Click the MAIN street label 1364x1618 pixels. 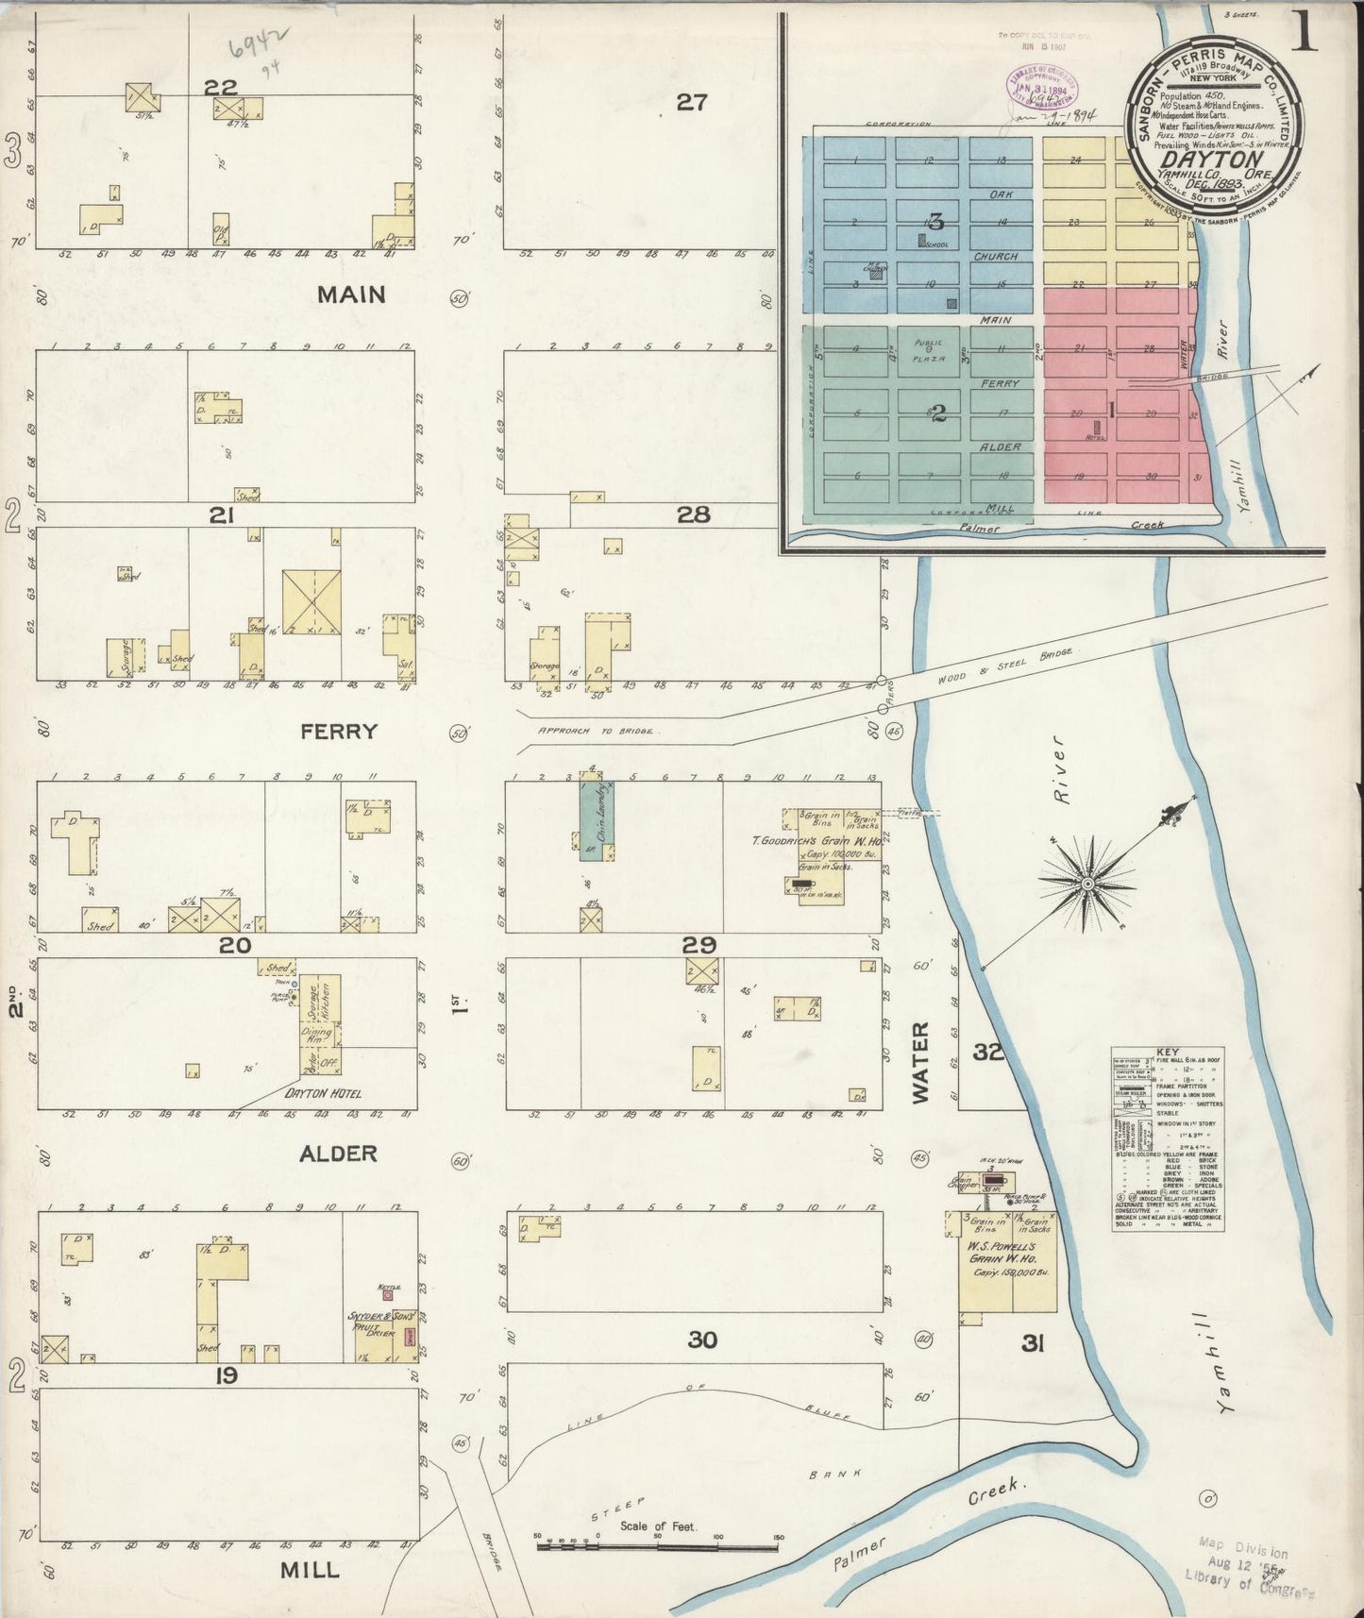350,295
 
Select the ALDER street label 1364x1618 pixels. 338,1153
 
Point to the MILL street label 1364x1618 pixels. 310,1570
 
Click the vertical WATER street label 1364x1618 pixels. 921,1061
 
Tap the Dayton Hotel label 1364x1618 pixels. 323,1094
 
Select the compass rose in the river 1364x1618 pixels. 1087,884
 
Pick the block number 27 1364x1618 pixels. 691,102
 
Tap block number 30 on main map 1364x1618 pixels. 701,1340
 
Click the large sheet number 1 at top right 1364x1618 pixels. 1306,32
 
